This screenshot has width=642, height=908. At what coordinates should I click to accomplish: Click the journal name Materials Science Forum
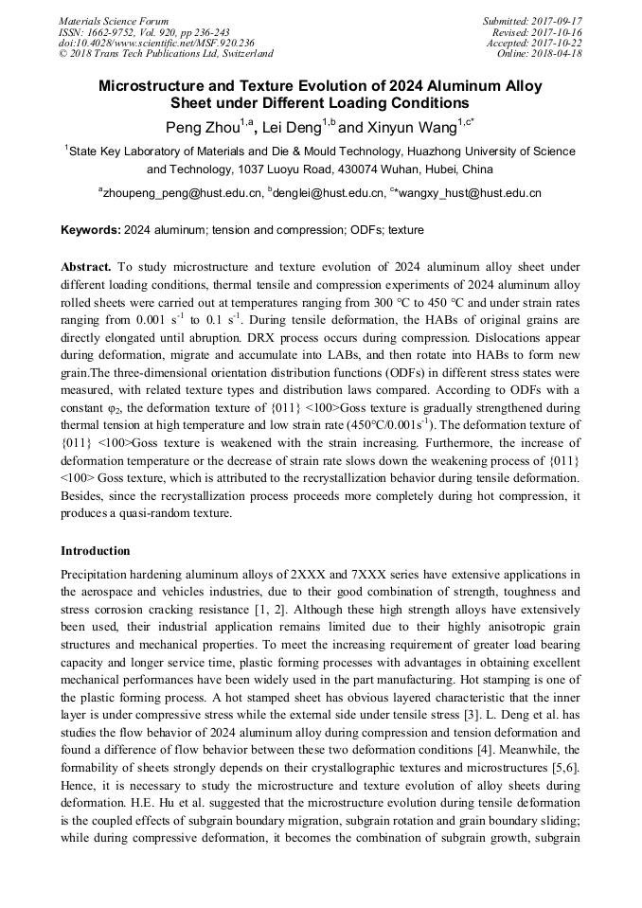[114, 21]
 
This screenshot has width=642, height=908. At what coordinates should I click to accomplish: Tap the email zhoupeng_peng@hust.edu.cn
[183, 192]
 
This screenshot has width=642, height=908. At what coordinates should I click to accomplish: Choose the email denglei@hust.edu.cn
[323, 192]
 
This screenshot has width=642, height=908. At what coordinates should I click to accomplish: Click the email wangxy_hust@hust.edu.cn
[468, 192]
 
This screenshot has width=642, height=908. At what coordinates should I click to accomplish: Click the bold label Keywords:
[90, 230]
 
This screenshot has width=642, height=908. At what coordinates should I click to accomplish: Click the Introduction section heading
[95, 551]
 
